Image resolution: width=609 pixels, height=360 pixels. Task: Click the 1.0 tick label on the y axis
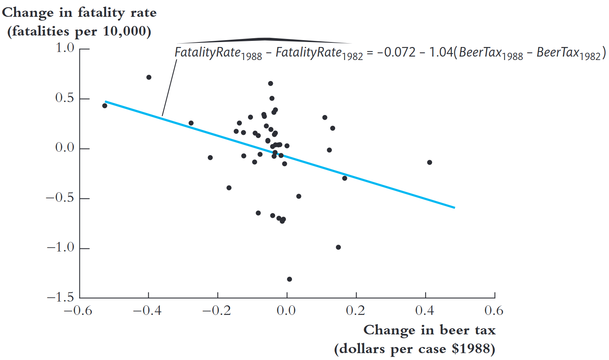65,48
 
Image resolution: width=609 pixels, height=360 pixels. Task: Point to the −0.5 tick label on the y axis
60,198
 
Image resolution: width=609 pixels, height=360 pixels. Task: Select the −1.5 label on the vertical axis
60,297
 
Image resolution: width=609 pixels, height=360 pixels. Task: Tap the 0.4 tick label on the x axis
425,310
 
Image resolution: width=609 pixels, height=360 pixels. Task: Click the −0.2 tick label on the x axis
217,310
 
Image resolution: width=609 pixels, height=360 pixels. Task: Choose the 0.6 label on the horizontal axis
494,310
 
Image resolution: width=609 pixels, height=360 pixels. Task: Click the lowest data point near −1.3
290,279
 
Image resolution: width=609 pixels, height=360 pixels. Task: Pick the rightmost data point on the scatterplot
429,162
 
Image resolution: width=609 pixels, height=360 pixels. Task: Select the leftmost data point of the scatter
105,106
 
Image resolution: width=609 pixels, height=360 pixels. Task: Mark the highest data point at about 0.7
149,77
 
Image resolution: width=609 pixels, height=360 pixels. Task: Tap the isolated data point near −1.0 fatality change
338,247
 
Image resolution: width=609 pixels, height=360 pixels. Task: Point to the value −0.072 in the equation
396,52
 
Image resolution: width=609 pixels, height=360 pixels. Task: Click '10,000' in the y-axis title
125,31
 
